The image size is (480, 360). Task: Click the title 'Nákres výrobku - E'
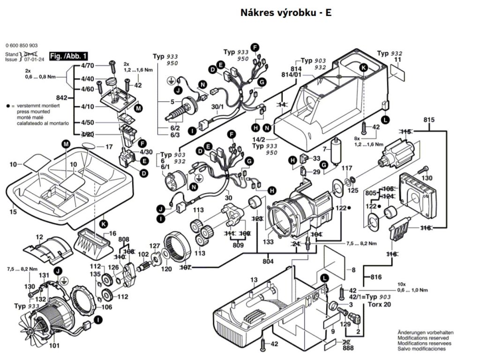point(285,13)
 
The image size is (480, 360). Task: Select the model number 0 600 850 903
point(22,45)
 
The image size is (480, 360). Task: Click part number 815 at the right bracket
point(429,120)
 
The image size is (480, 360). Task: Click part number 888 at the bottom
point(348,348)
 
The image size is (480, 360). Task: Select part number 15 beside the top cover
point(13,212)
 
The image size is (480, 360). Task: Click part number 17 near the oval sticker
point(109,147)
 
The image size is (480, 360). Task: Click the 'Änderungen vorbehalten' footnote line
point(422,332)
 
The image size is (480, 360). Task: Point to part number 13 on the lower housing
point(254,280)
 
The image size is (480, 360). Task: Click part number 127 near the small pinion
point(154,246)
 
